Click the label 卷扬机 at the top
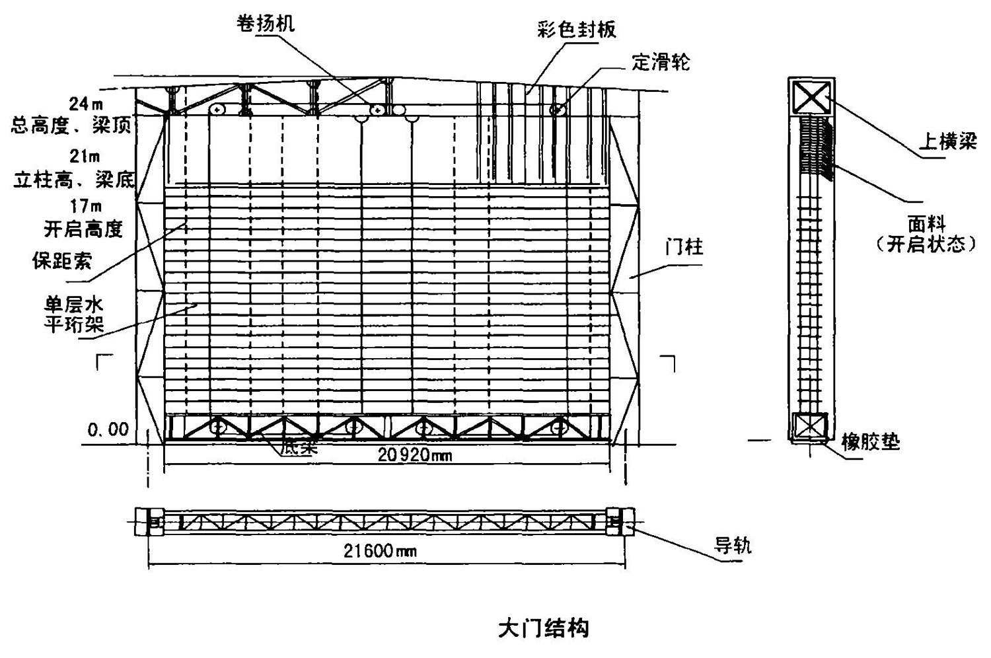266,24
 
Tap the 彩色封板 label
576,30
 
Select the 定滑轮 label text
661,62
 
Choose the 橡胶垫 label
870,441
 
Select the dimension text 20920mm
415,455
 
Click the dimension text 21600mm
381,550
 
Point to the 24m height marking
87,104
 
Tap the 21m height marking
85,156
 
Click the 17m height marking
86,207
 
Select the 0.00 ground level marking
108,429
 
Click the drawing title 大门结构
543,628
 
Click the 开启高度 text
83,229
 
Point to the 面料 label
926,225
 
